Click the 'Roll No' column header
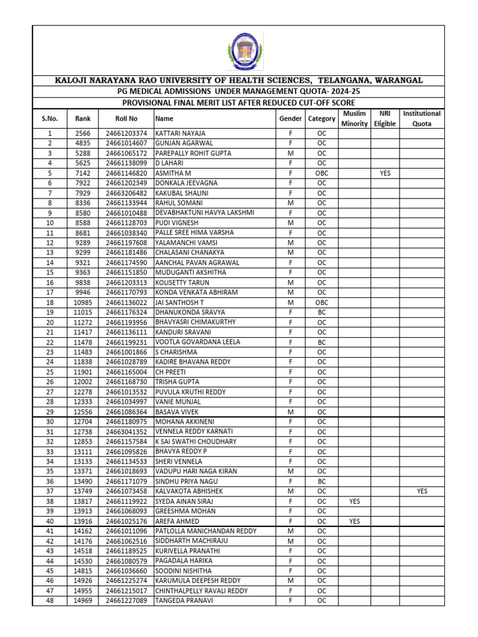[126, 118]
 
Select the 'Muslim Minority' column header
[354, 118]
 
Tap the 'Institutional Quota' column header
[421, 118]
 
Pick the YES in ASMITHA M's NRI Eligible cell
[385, 173]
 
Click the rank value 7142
[83, 173]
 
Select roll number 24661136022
[126, 302]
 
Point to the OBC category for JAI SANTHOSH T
[322, 302]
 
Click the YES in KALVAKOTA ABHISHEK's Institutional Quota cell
[422, 491]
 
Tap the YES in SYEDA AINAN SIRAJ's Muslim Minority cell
[354, 501]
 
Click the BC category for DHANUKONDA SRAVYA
[322, 312]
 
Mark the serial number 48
[50, 600]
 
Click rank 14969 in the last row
[83, 600]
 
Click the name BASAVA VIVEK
[178, 411]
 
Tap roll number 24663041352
[126, 431]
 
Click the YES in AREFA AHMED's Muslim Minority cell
[354, 521]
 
